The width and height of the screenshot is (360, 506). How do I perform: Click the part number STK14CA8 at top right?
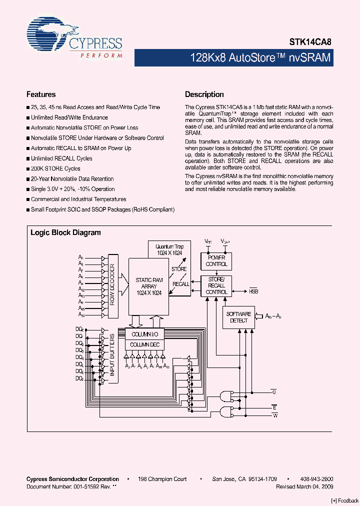click(x=310, y=43)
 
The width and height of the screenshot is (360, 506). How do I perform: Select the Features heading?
click(x=41, y=94)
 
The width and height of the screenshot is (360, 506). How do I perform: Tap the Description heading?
click(x=204, y=94)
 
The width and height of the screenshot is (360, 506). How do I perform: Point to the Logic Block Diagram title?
click(x=65, y=232)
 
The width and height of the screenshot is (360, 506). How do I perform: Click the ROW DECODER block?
click(x=112, y=284)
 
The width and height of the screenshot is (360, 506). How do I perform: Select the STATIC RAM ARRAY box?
click(x=149, y=286)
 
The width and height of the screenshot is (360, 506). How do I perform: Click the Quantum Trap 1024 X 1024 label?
click(x=170, y=249)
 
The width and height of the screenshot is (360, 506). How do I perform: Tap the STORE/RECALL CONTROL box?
click(x=216, y=285)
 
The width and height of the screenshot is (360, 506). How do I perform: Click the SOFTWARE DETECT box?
click(x=238, y=317)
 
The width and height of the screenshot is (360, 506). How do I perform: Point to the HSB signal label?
click(x=253, y=290)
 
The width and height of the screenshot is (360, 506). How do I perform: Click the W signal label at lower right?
click(x=274, y=415)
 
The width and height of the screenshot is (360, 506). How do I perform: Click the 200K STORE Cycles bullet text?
click(x=55, y=168)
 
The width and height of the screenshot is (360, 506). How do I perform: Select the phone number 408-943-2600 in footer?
click(x=317, y=479)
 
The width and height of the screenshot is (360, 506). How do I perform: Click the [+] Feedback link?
click(x=345, y=501)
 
